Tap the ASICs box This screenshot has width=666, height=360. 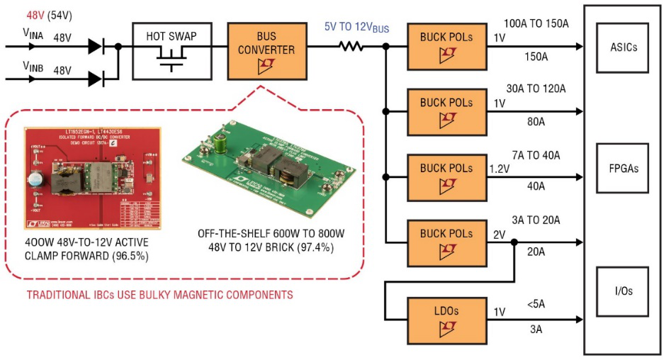tap(623, 47)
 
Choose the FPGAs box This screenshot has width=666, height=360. tap(623, 169)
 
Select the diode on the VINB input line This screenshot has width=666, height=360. tap(96, 78)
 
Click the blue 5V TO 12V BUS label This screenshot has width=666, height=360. tap(358, 26)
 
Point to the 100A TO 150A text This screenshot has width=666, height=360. tap(536, 24)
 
